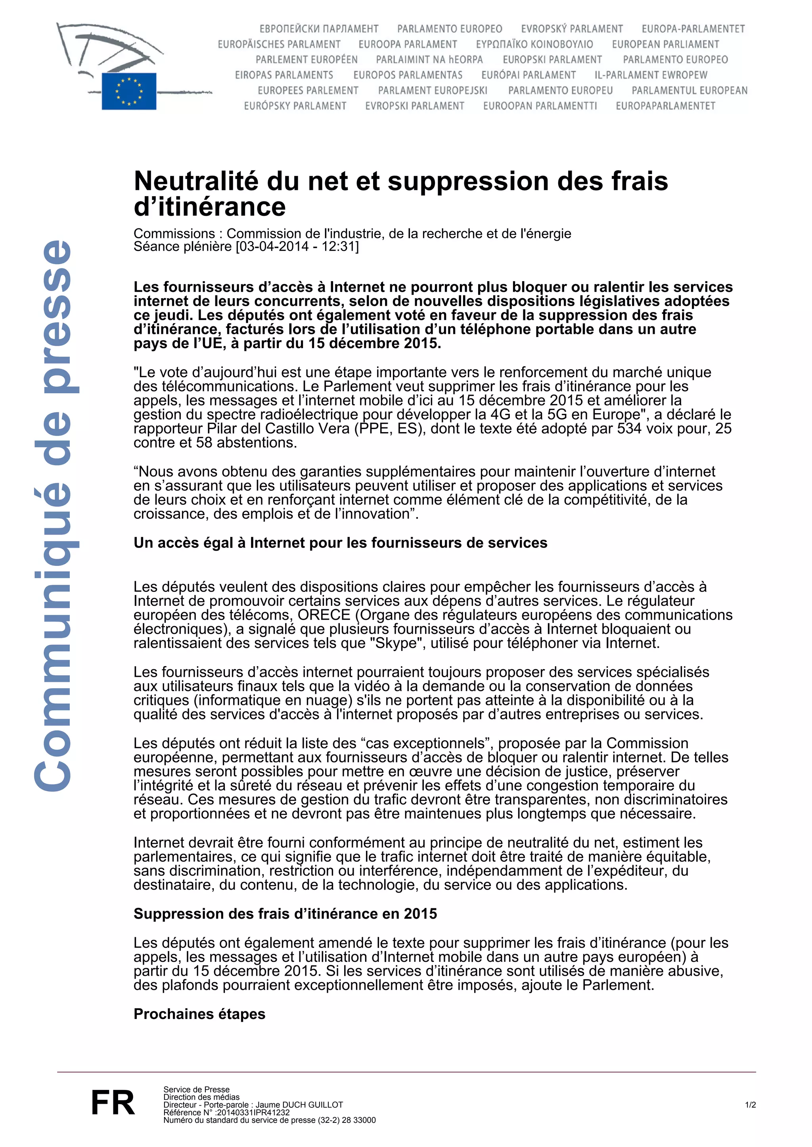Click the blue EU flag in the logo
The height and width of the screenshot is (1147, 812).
coord(129,91)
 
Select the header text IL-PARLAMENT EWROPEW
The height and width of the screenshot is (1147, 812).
coord(651,75)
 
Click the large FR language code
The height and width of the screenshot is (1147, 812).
coord(113,1103)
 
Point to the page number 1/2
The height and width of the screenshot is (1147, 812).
coord(750,1105)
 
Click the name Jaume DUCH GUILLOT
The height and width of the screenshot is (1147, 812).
coord(299,1105)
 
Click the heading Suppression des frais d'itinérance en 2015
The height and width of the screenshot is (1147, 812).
coord(285,913)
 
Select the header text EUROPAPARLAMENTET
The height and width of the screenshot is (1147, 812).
coord(665,106)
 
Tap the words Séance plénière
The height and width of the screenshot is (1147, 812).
coord(182,247)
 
